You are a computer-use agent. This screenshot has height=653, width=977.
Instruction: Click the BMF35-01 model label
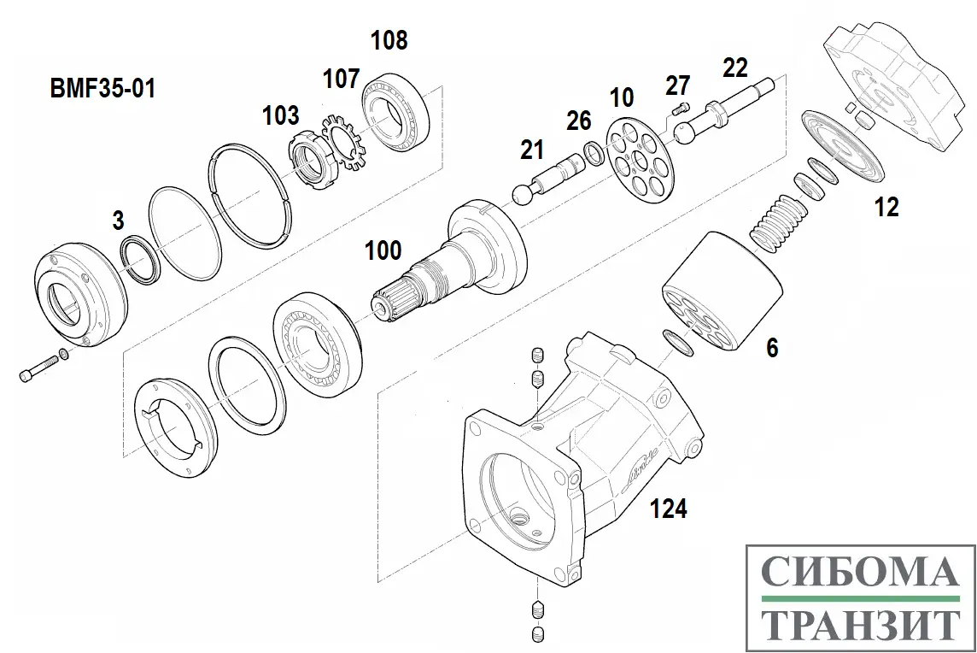103,88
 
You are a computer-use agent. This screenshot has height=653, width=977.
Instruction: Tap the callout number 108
389,40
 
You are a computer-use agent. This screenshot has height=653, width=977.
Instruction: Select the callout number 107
341,79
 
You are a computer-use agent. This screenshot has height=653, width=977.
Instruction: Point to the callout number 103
281,115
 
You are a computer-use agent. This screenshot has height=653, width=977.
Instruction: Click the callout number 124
669,509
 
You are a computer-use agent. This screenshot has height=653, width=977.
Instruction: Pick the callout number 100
383,250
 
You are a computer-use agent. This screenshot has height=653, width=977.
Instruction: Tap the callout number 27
677,85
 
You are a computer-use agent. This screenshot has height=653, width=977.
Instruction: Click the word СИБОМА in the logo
857,571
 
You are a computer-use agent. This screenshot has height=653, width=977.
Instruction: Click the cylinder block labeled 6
722,291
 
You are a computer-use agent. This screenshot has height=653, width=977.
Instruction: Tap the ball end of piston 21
521,194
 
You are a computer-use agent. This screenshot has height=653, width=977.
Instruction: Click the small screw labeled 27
681,108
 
